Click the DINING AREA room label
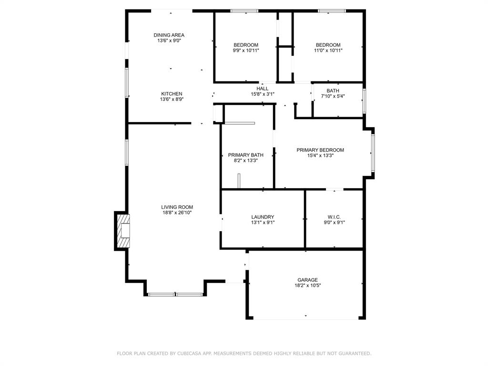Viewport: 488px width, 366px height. (169, 35)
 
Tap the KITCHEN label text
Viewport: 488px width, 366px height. (172, 93)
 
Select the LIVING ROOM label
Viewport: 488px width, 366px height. (177, 207)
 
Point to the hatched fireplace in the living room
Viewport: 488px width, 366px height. (122, 231)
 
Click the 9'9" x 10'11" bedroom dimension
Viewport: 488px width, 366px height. (246, 51)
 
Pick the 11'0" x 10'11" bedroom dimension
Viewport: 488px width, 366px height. (328, 51)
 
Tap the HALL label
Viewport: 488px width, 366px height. (263, 88)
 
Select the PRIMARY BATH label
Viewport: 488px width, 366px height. (245, 155)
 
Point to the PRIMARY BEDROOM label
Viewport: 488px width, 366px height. (320, 150)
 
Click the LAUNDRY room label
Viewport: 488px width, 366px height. (263, 217)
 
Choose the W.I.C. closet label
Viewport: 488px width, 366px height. (334, 217)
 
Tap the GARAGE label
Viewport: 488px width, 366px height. (307, 280)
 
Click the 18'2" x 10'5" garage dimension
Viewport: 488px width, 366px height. (307, 285)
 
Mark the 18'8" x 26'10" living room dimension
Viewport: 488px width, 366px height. (177, 213)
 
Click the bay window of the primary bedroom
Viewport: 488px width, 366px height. (373, 152)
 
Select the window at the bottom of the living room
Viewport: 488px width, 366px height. (176, 295)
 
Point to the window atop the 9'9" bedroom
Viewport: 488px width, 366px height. (244, 11)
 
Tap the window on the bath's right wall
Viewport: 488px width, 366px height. (364, 101)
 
